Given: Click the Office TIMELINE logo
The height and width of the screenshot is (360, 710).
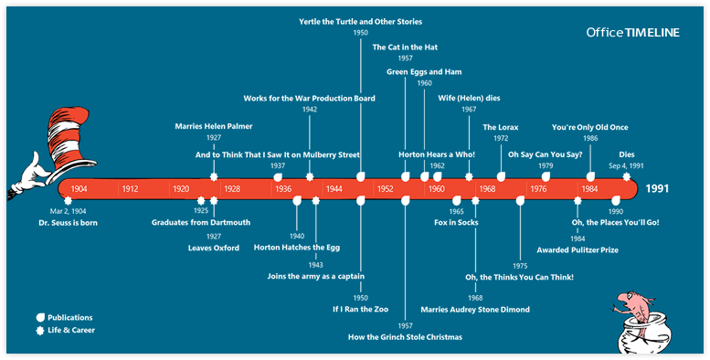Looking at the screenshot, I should click(633, 32).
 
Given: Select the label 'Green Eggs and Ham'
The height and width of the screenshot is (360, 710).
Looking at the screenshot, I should click(424, 70).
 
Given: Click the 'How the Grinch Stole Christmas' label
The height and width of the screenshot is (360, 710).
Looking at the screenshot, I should click(405, 337).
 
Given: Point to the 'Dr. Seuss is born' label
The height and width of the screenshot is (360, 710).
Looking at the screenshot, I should click(68, 222).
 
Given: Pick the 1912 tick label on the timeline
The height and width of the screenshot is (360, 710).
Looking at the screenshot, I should click(130, 189).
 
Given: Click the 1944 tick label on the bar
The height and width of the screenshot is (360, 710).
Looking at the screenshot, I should click(334, 189).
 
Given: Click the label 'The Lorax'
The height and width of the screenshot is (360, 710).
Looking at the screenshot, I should click(501, 127).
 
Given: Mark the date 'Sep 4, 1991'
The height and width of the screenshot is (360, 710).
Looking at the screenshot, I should click(627, 166).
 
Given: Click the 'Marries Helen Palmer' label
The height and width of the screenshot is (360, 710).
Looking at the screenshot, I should click(214, 126).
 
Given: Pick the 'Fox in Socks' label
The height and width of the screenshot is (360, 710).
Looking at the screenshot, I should click(456, 222).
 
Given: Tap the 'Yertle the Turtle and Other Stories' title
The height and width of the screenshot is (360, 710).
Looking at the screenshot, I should click(361, 20).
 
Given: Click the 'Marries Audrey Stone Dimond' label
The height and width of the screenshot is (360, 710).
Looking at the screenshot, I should click(475, 309).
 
